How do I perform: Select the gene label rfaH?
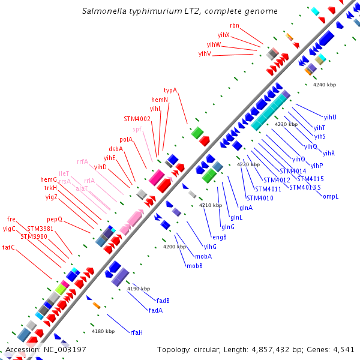click(x=136, y=332)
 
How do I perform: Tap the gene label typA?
click(x=170, y=91)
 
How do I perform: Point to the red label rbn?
click(x=234, y=26)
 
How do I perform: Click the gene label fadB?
click(x=163, y=301)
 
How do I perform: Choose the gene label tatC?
click(x=8, y=247)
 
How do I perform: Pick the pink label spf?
click(x=137, y=129)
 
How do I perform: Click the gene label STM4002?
click(x=137, y=119)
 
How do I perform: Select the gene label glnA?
click(x=246, y=208)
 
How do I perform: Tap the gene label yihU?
click(x=330, y=117)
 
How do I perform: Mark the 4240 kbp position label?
click(x=325, y=85)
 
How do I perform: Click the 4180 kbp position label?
click(x=102, y=331)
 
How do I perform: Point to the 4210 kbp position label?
click(x=210, y=206)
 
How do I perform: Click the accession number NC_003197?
click(x=62, y=349)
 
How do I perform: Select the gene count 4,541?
click(x=343, y=349)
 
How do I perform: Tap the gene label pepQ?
click(x=55, y=219)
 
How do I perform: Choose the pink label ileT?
click(x=64, y=173)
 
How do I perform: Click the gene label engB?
click(x=220, y=236)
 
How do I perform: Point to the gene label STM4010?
click(x=260, y=198)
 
